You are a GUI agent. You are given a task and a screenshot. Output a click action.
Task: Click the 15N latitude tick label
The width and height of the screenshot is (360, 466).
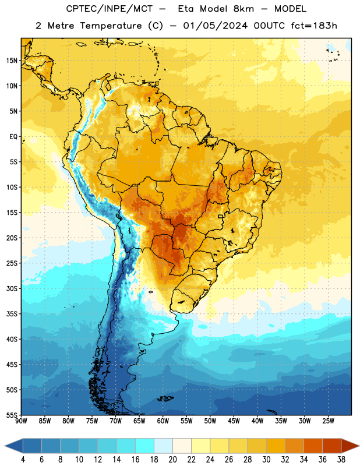(12, 61)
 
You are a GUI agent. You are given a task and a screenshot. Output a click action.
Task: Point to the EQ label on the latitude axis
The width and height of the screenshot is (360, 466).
(13, 137)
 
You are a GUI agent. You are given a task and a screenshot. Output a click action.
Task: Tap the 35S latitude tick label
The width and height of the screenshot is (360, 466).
(12, 314)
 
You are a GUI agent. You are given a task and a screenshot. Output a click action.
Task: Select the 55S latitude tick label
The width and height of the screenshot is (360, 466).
(12, 415)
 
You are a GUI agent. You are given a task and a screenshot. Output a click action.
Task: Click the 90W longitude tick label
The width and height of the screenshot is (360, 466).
(22, 421)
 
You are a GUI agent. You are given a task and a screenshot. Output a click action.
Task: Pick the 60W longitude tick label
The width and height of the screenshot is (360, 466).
(163, 421)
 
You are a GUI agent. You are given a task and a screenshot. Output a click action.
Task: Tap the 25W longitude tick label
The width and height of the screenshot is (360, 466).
(328, 421)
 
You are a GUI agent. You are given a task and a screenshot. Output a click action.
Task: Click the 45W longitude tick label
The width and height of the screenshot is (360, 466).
(234, 421)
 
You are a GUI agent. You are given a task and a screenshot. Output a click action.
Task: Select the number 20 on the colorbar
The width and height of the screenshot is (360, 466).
(172, 460)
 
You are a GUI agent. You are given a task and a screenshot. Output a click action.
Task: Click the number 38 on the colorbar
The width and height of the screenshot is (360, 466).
(341, 460)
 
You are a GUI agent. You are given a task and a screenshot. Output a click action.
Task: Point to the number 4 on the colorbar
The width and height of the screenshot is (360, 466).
(23, 460)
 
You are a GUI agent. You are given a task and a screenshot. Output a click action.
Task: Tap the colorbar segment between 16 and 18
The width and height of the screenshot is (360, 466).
(144, 446)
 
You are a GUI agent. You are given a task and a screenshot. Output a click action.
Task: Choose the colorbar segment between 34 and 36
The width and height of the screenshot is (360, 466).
(313, 446)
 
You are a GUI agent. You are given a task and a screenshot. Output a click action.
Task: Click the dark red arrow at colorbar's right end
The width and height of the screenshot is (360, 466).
(350, 446)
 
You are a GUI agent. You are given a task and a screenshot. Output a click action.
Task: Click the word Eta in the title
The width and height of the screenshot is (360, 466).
(186, 9)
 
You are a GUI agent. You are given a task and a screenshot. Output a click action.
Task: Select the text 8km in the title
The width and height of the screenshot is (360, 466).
(243, 9)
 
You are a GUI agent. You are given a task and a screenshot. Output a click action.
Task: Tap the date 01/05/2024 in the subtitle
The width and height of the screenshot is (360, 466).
(215, 26)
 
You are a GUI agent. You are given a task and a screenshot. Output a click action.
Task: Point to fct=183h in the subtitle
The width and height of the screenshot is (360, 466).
(314, 26)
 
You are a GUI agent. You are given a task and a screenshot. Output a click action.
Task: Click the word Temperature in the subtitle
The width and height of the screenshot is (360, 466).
(111, 26)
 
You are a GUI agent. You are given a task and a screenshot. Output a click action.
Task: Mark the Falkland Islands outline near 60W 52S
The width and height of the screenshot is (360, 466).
(165, 398)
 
